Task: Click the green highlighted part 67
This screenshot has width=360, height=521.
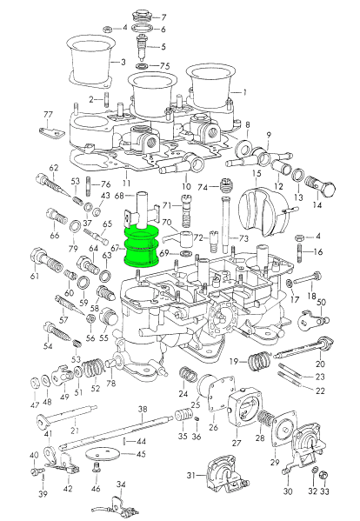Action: point(142,246)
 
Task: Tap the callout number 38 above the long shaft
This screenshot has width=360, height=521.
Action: point(143,410)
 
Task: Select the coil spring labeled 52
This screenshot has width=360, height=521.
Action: point(93,369)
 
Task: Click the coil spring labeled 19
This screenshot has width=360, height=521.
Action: point(260,362)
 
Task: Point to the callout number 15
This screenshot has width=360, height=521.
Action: point(257,173)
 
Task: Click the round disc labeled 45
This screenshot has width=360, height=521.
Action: point(102,454)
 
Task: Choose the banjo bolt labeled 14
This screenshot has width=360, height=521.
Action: point(323,186)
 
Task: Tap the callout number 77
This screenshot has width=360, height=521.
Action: point(48,115)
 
